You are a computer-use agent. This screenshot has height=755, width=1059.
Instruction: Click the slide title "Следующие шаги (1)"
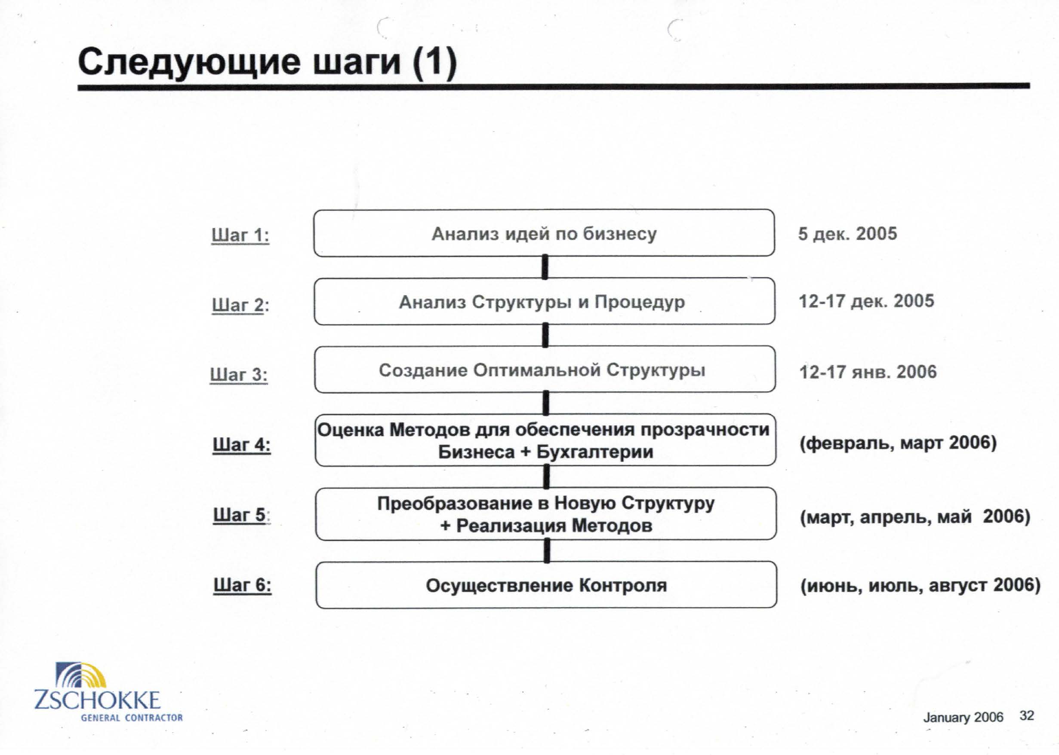(x=268, y=63)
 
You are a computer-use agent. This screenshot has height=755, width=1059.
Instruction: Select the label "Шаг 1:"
(x=240, y=235)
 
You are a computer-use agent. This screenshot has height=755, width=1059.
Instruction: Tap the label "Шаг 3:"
(x=239, y=374)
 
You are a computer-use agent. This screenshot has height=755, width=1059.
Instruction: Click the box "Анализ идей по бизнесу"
(x=544, y=233)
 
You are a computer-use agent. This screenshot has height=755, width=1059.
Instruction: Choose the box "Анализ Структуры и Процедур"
(x=545, y=301)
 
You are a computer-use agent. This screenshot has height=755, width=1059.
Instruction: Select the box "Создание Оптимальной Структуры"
(x=545, y=370)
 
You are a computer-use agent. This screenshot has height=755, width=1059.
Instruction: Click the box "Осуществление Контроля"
(x=546, y=585)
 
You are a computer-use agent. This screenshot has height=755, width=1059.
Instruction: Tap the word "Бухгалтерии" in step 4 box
(x=595, y=452)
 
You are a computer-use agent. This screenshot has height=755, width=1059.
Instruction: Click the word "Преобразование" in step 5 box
(x=455, y=504)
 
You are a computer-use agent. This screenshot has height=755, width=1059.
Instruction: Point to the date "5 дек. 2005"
(x=848, y=233)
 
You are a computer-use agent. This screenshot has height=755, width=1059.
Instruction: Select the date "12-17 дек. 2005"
(x=866, y=301)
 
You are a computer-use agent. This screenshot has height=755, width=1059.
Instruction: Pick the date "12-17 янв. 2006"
(x=868, y=372)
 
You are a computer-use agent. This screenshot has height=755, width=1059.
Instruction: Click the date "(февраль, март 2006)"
(x=899, y=443)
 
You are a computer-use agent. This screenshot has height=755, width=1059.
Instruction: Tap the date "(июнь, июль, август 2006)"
(x=920, y=585)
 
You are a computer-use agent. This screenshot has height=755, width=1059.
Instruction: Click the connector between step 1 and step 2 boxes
(x=545, y=267)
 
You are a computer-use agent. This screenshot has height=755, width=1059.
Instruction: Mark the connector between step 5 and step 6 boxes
(x=547, y=550)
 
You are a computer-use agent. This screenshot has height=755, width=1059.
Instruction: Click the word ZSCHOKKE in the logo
(x=97, y=700)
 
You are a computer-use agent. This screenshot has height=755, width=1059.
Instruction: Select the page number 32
(x=1026, y=715)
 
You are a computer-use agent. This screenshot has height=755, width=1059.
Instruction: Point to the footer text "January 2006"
(x=963, y=717)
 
